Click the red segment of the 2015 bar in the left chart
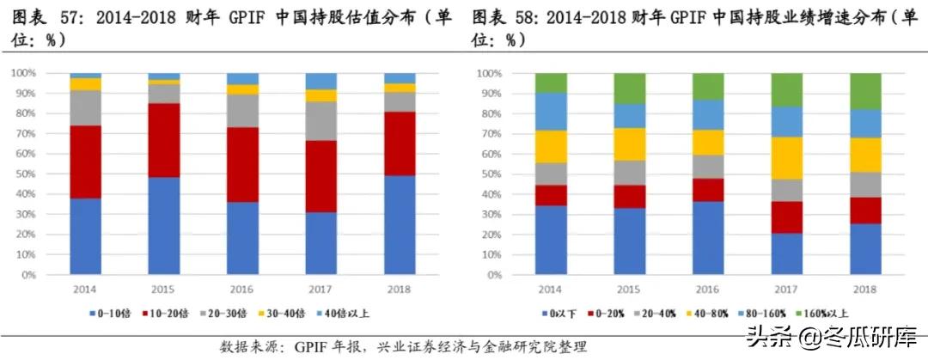pos(163,140)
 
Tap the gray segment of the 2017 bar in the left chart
pos(322,121)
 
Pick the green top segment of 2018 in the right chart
pos(865,91)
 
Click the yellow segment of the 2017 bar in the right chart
pos(786,157)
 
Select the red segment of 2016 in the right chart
pos(707,190)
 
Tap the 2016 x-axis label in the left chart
pos(242,290)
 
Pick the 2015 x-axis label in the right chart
pos(628,290)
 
